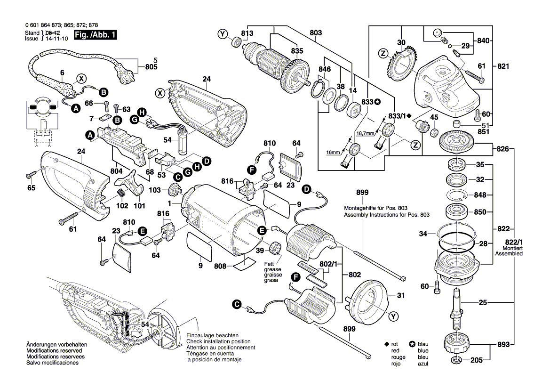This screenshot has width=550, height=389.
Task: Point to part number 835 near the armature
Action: [297, 51]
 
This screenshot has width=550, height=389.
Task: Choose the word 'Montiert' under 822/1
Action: [511, 248]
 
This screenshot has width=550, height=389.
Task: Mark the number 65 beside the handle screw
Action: [32, 188]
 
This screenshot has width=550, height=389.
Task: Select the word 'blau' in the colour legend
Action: [423, 344]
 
